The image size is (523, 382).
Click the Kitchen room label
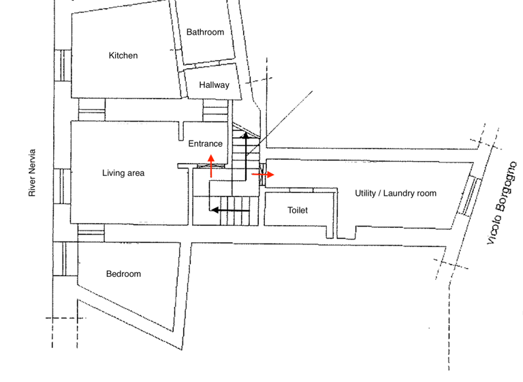pos(123,56)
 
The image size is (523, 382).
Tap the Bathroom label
pos(205,32)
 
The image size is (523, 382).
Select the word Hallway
pos(214,85)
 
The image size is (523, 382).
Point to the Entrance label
pos(205,144)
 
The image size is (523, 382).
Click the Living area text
pos(123,173)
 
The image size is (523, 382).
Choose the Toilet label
pos(298,211)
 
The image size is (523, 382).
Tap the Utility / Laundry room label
pos(395,194)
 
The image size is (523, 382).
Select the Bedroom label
pos(123,274)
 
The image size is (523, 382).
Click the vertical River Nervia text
pos(31,173)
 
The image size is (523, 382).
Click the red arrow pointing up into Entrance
pos(212,166)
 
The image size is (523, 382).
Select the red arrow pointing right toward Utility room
pos(263,175)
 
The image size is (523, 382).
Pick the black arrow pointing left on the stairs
pos(229,210)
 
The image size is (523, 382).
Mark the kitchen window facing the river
pos(63,65)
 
